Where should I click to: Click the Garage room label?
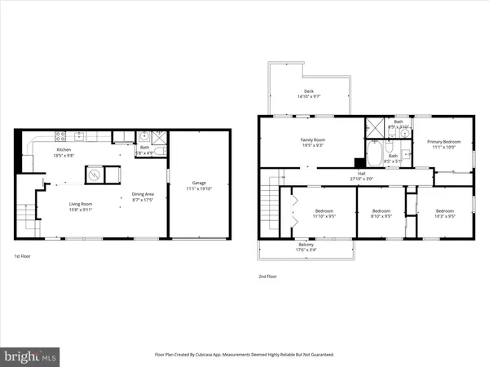click(x=198, y=185)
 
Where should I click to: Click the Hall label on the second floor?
click(x=360, y=175)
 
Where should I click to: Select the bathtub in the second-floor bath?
click(x=376, y=153)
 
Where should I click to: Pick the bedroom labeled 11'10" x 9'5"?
click(x=324, y=214)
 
